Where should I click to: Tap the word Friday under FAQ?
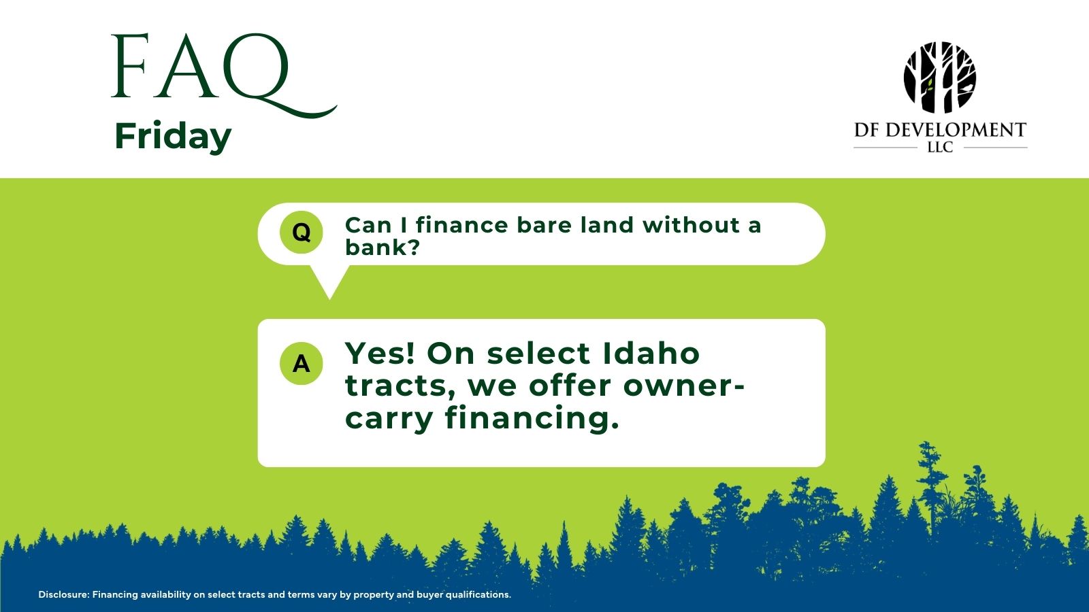click(x=173, y=137)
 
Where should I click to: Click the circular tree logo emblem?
click(x=940, y=78)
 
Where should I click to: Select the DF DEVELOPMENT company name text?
click(x=940, y=130)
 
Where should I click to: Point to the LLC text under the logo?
click(x=940, y=148)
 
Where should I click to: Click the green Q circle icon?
click(x=302, y=232)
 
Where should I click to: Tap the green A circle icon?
click(x=302, y=363)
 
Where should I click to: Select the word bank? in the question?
click(x=382, y=248)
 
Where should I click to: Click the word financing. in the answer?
click(x=532, y=418)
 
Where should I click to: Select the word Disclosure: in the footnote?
click(x=64, y=594)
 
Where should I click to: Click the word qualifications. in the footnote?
click(x=478, y=595)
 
